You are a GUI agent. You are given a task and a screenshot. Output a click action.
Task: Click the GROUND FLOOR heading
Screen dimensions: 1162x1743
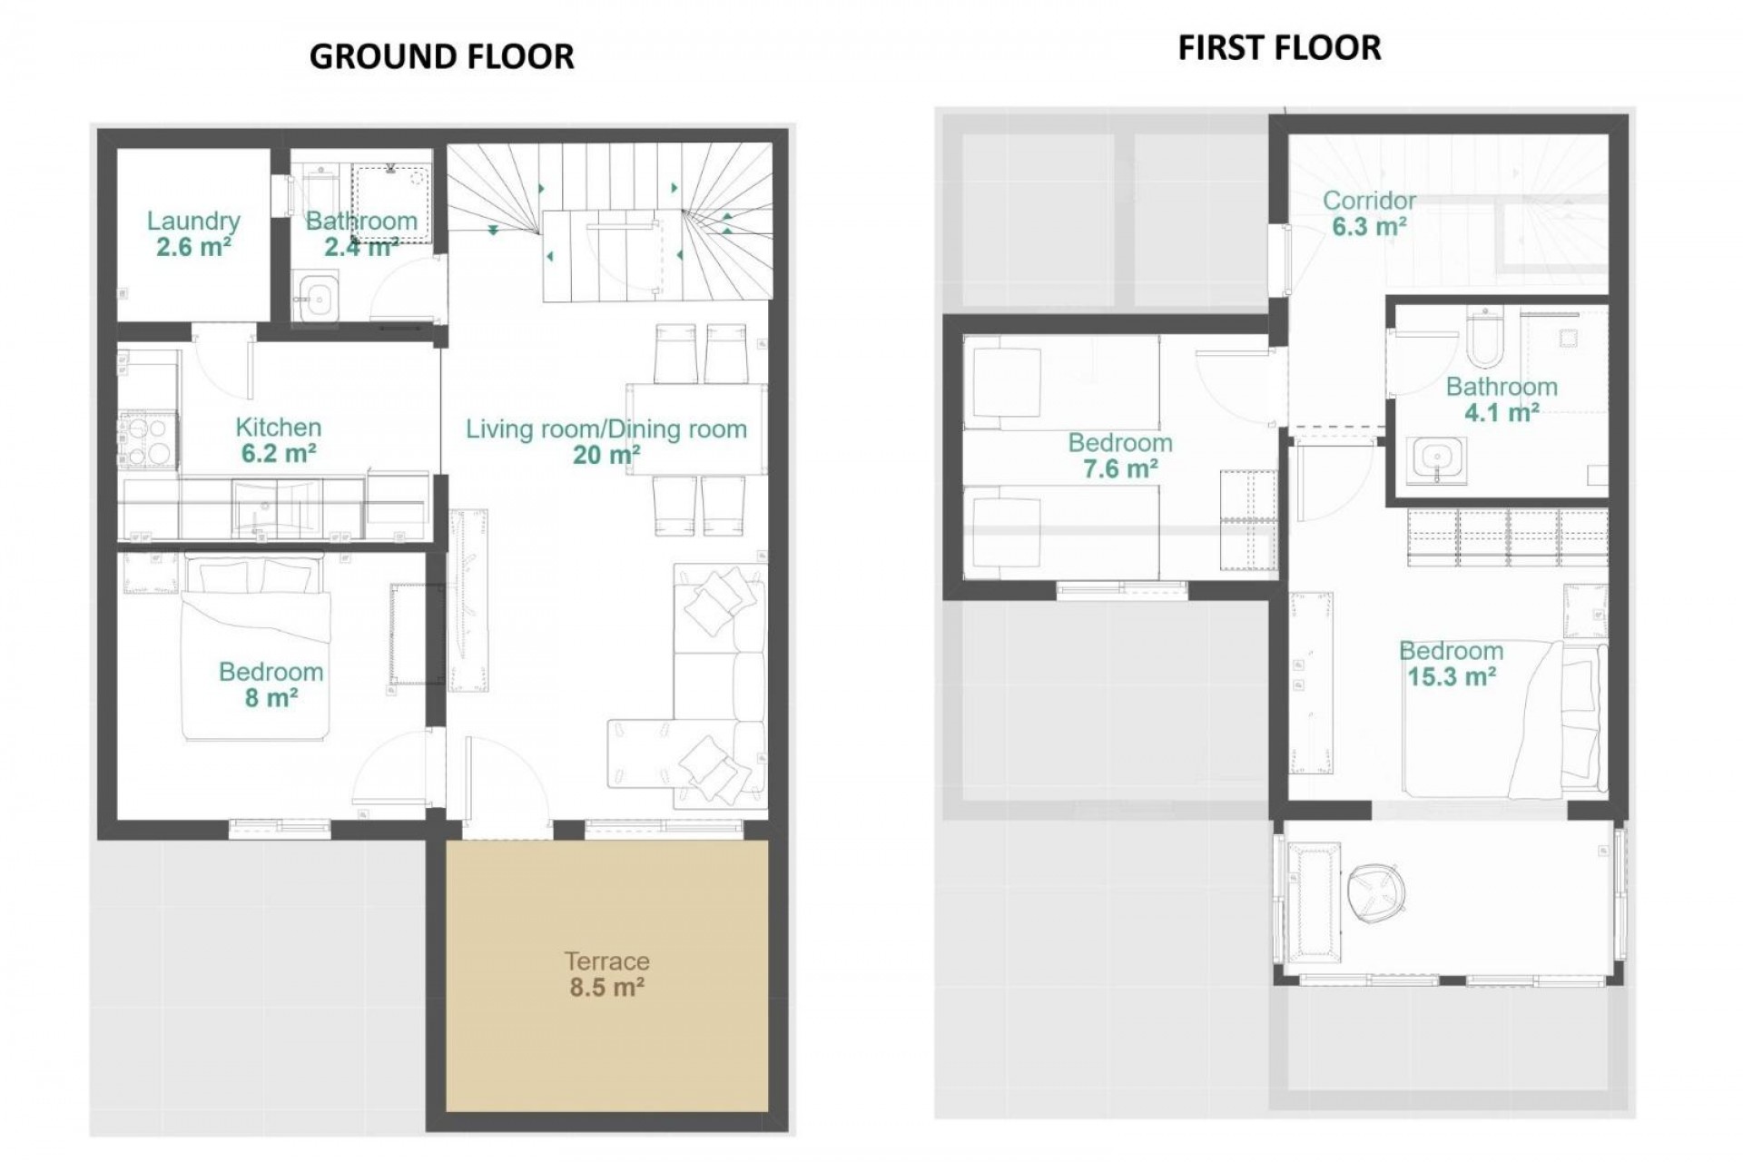(x=441, y=56)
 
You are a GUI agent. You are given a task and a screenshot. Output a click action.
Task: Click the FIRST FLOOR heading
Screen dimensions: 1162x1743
(x=1279, y=47)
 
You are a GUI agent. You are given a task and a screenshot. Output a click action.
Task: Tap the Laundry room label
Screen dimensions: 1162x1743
(x=193, y=233)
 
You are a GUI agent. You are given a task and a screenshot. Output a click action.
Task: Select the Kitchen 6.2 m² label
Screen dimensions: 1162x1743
(x=278, y=440)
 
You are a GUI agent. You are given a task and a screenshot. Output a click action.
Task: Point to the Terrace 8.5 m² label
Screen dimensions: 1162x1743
(x=606, y=974)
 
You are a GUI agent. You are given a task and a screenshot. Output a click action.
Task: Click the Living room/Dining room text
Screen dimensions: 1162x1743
(x=606, y=429)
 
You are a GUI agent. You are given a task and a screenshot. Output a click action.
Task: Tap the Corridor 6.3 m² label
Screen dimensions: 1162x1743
(x=1369, y=213)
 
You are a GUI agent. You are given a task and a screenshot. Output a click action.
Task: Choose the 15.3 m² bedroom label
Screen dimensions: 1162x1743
(x=1451, y=664)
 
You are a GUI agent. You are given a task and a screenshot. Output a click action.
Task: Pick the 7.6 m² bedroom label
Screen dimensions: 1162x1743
(x=1120, y=456)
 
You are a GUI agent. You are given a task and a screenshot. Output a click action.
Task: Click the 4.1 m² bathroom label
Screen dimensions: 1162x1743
(x=1502, y=399)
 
